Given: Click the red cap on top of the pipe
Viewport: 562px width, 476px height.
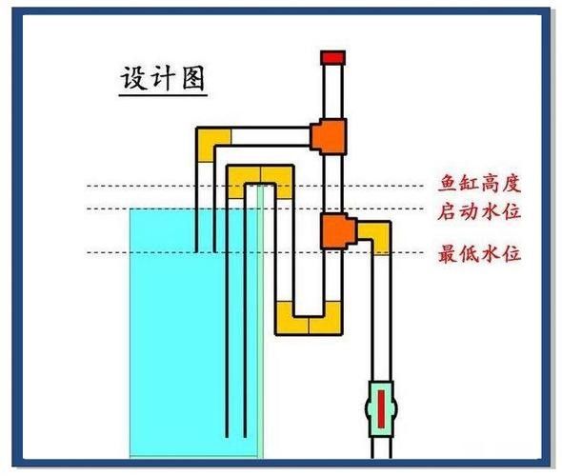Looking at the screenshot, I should [331, 57].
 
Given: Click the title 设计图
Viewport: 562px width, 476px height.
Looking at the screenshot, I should [162, 78].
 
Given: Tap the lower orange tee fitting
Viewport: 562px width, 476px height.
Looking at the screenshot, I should [335, 229].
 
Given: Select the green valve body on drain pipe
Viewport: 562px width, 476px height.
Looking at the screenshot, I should [369, 407].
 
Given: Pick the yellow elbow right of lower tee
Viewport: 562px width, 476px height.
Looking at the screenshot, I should [378, 235].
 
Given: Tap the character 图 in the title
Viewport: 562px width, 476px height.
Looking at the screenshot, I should [192, 78].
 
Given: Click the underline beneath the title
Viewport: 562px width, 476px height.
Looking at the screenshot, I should [162, 96].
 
